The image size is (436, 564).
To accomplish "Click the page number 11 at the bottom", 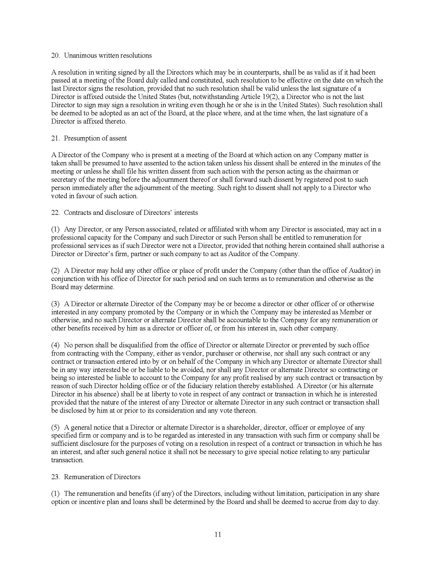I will pyautogui.click(x=218, y=535).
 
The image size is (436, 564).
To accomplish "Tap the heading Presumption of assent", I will pyautogui.click(x=95, y=138).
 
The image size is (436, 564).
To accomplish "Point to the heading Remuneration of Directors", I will pyautogui.click(x=102, y=477).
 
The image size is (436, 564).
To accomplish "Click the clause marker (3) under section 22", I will pyautogui.click(x=55, y=304).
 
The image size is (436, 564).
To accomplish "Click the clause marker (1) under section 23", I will pyautogui.click(x=55, y=493).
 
